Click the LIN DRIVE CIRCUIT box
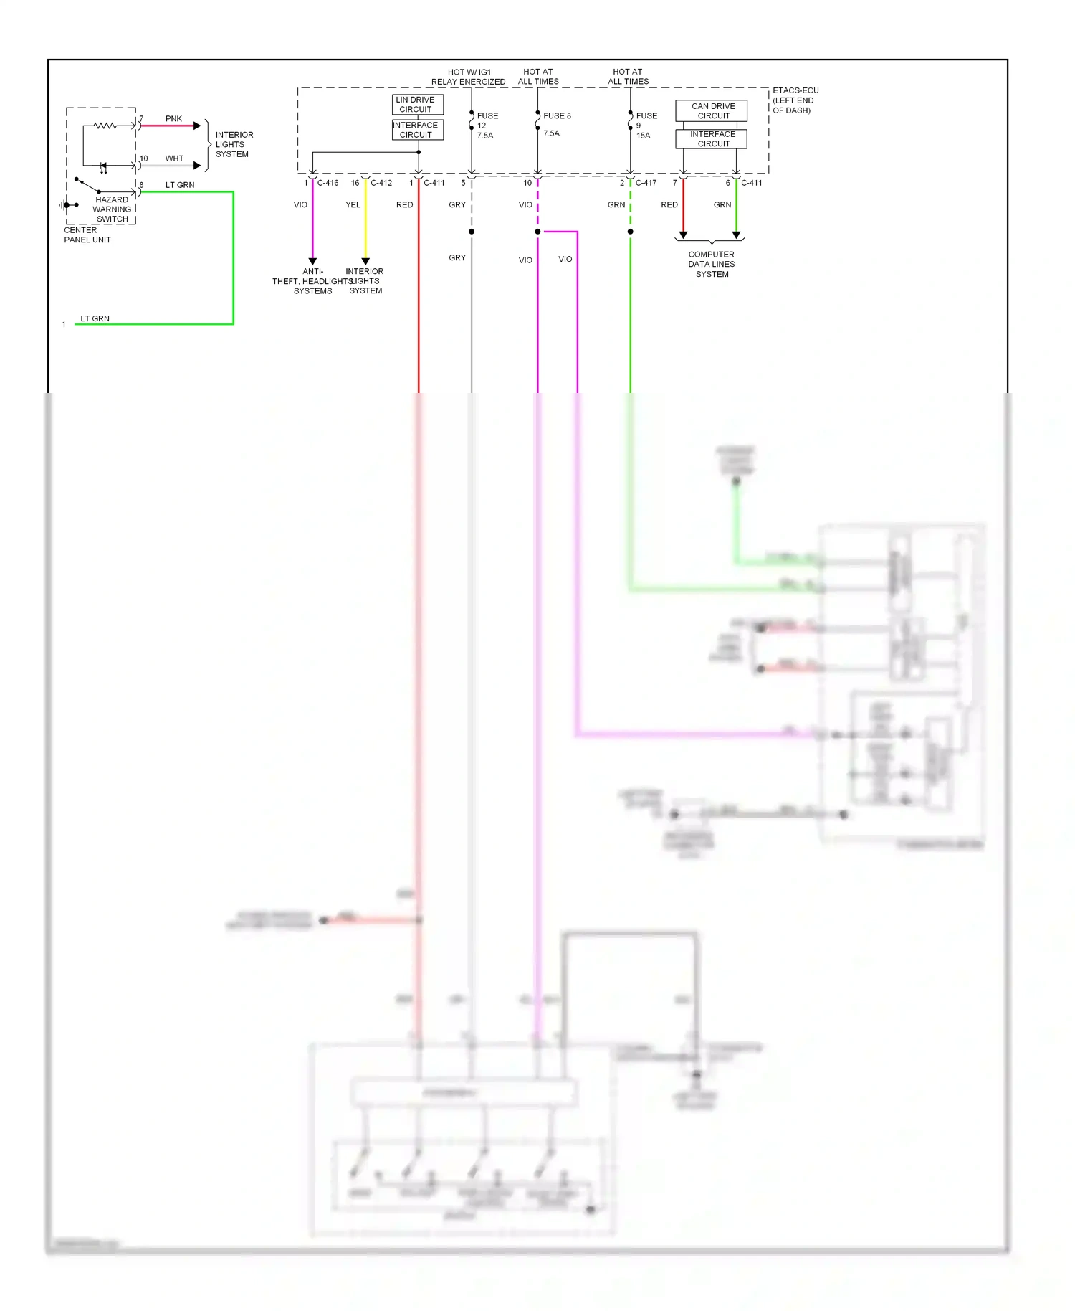417,105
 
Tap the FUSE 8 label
557,115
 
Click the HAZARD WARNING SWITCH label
112,209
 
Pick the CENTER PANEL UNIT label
87,235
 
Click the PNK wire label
173,118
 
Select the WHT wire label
174,158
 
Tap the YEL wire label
353,204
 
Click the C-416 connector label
328,183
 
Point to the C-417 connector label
646,183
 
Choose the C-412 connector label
381,183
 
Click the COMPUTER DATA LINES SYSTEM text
712,264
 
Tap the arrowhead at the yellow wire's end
365,261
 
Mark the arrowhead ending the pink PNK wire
197,126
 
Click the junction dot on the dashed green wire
631,232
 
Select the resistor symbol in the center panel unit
105,126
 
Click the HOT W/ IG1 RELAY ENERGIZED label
469,77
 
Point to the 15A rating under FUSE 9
643,136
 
